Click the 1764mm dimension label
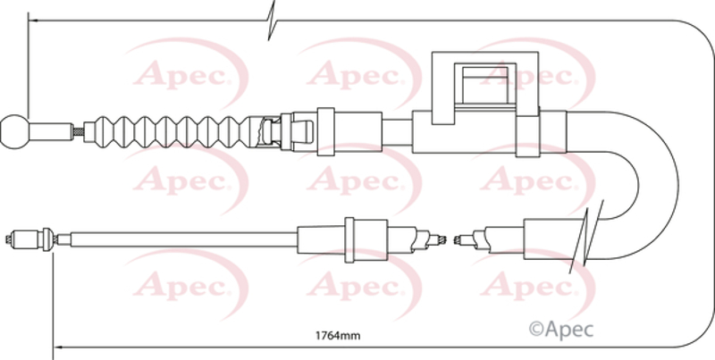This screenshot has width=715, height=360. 338,336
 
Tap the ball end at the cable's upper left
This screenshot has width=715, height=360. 14,131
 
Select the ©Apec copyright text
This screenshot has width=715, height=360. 561,329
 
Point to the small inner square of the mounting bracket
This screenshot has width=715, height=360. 485,85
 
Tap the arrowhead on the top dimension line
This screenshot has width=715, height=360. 33,21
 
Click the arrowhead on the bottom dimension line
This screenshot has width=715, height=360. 58,347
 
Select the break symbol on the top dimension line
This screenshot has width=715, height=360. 272,21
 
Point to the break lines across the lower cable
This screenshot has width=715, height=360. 586,237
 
